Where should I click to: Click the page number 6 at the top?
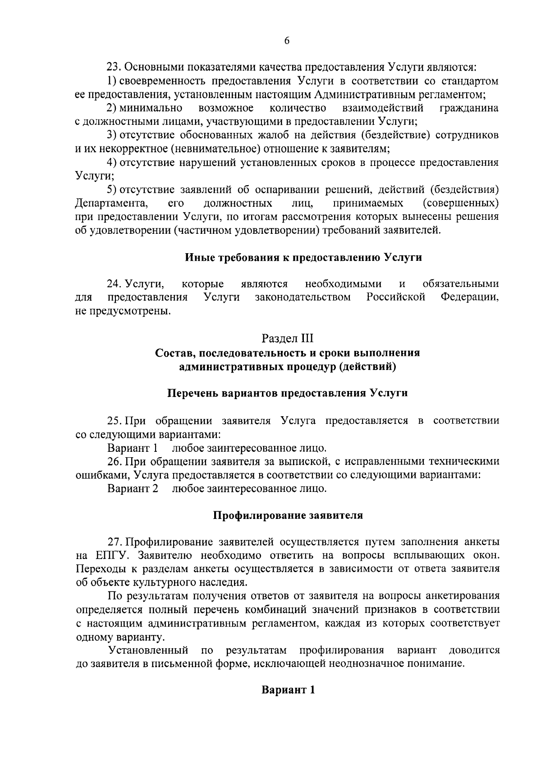(x=287, y=41)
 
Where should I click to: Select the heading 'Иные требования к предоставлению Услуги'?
(x=303, y=258)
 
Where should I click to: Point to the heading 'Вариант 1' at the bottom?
(x=288, y=690)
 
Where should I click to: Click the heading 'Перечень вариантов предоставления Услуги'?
(x=287, y=393)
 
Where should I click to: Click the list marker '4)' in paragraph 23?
(x=112, y=162)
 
